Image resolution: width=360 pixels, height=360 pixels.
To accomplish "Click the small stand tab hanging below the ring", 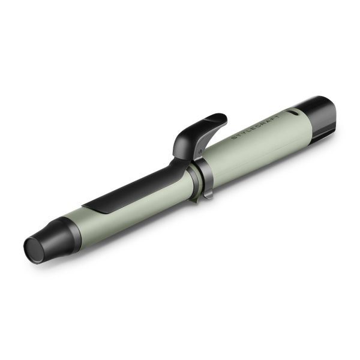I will click(x=207, y=193).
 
